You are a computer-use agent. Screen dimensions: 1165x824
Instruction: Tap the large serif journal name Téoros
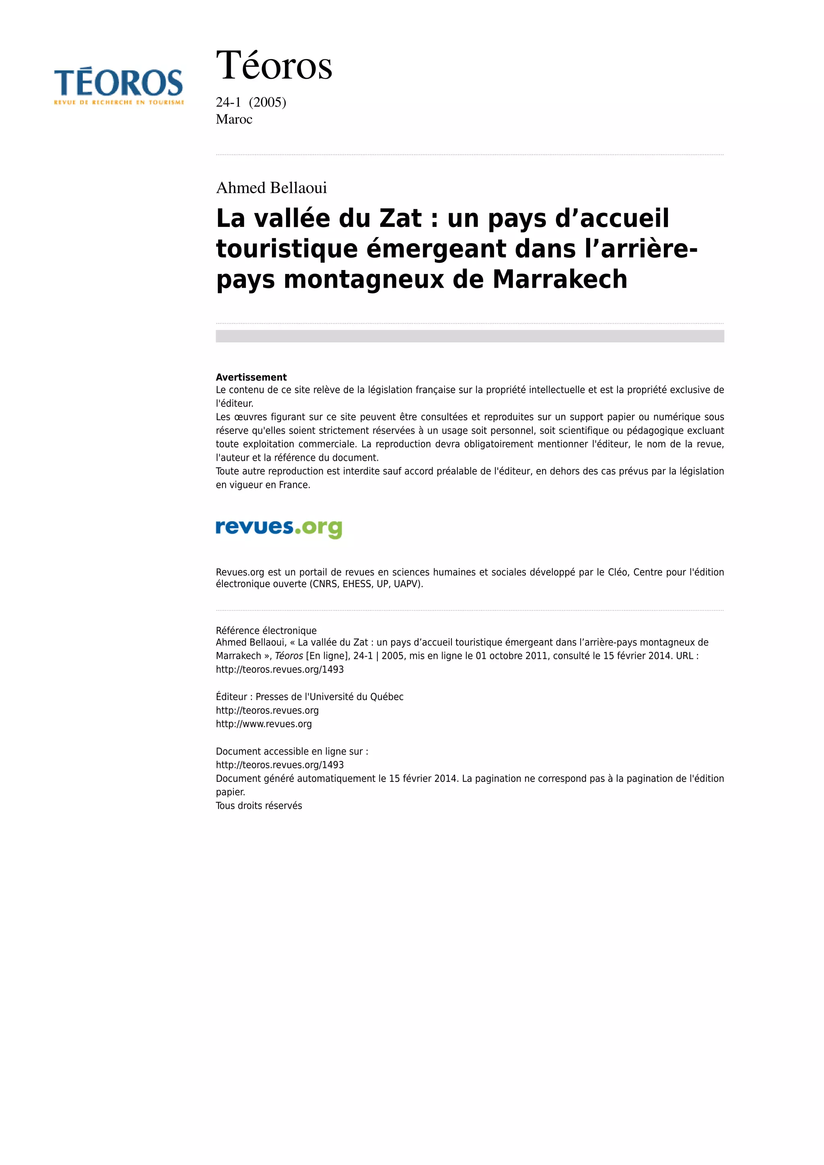(x=274, y=66)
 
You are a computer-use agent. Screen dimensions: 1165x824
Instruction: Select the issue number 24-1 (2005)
(x=251, y=103)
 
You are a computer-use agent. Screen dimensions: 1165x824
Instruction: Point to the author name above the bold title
(x=272, y=188)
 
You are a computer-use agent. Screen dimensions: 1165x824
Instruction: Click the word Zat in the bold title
(x=400, y=219)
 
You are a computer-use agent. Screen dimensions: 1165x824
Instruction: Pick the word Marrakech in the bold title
(x=560, y=280)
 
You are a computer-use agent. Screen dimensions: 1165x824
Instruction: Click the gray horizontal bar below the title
(x=470, y=336)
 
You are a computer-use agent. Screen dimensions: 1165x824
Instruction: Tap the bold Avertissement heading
(x=251, y=377)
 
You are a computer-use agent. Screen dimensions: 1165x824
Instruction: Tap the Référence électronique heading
(x=266, y=631)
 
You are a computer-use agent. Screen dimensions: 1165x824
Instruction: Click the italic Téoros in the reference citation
(x=289, y=656)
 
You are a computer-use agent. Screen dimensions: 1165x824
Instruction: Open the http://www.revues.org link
(x=264, y=724)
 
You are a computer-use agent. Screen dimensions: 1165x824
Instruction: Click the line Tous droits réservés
(x=259, y=806)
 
